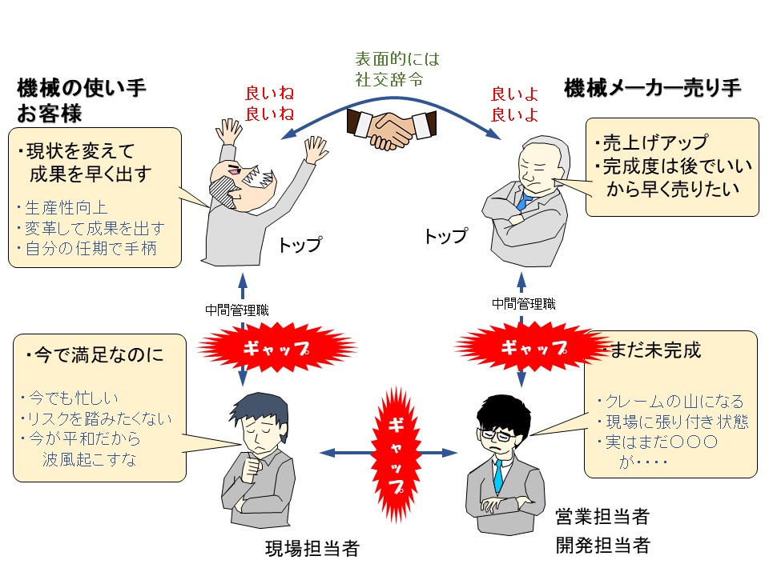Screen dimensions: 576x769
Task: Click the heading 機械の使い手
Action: coord(82,88)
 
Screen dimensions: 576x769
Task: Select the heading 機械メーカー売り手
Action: coord(651,88)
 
